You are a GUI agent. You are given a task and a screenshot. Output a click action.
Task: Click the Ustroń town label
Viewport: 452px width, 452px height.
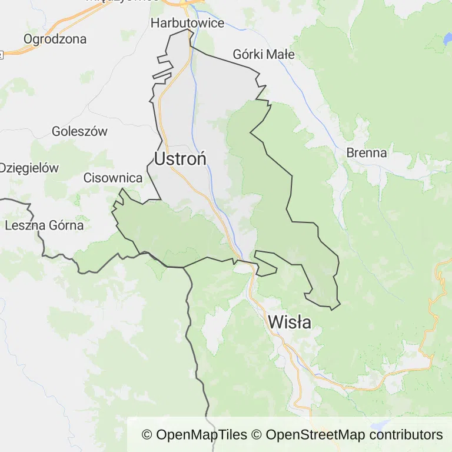pyautogui.click(x=180, y=159)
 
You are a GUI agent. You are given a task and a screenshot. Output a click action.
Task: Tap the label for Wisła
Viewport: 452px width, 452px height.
pyautogui.click(x=290, y=322)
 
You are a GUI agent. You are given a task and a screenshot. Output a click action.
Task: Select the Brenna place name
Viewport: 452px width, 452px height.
pyautogui.click(x=367, y=153)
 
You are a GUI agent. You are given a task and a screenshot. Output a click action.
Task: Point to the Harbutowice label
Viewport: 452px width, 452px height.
pyautogui.click(x=187, y=24)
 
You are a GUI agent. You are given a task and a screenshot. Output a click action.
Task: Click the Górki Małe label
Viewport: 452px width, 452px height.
pyautogui.click(x=263, y=55)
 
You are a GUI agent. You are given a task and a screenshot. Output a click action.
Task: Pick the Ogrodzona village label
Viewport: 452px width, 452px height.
pyautogui.click(x=55, y=39)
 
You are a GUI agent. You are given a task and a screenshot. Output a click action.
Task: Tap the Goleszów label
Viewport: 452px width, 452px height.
pyautogui.click(x=79, y=131)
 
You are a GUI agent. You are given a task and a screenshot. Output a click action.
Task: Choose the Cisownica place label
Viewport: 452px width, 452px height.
pyautogui.click(x=113, y=178)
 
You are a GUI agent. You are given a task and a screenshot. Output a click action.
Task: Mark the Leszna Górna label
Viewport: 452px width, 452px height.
pyautogui.click(x=44, y=225)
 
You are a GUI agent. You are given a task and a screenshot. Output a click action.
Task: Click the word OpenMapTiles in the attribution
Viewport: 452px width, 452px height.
pyautogui.click(x=202, y=435)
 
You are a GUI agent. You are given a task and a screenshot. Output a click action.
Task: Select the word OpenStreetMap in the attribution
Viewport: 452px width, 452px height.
pyautogui.click(x=315, y=435)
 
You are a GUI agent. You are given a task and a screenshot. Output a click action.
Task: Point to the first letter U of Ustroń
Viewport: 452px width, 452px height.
pyautogui.click(x=161, y=159)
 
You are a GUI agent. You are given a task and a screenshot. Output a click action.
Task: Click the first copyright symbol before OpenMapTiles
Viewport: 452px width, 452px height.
pyautogui.click(x=147, y=435)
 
